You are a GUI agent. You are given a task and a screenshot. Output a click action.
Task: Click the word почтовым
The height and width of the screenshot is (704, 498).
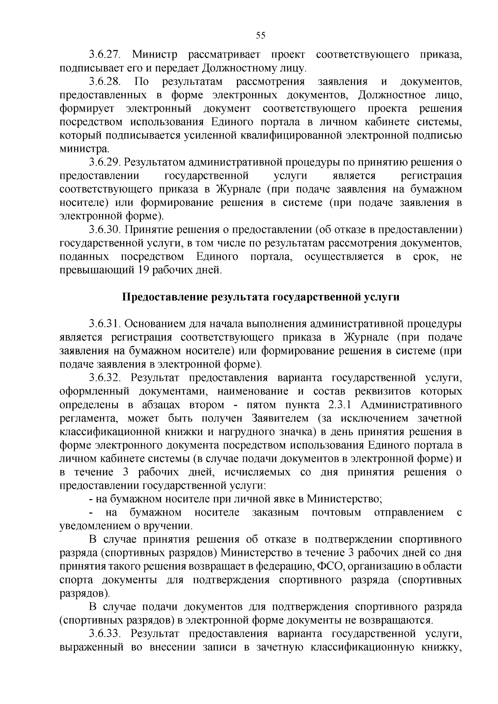coord(336,513)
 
